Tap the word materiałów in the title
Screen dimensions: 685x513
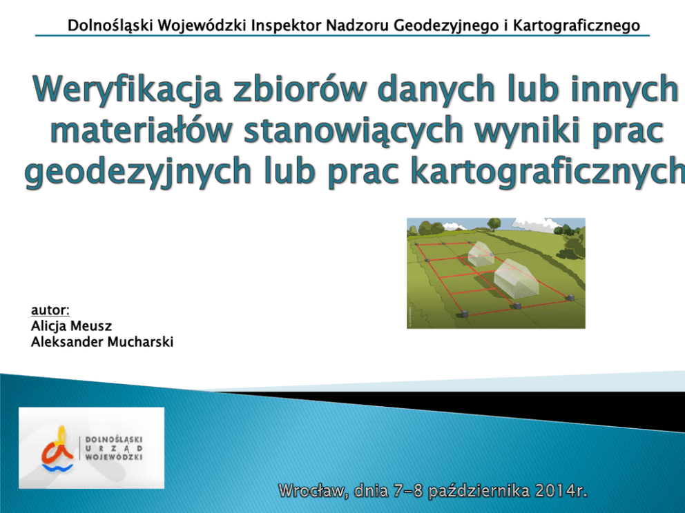point(140,130)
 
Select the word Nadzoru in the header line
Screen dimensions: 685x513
point(358,26)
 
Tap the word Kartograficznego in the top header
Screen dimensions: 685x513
point(577,26)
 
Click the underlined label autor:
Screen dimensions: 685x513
point(50,310)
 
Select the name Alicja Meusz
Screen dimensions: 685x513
point(71,326)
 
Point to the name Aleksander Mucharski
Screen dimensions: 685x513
point(102,341)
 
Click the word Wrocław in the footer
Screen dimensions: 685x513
point(313,491)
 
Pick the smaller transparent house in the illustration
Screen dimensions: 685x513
point(481,254)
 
